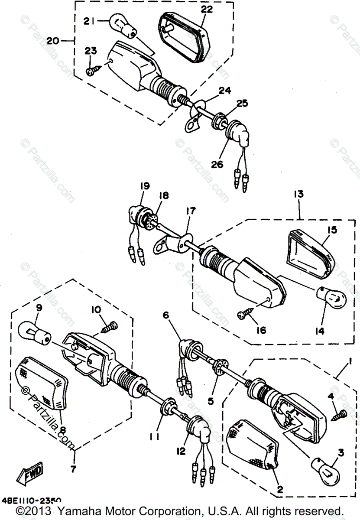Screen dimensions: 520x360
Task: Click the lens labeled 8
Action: (x=42, y=381)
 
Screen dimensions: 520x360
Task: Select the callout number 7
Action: (x=73, y=469)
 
